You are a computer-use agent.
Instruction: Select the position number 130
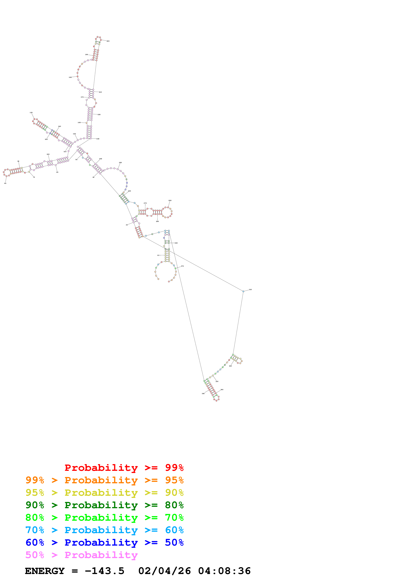31,113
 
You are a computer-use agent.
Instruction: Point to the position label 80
5,183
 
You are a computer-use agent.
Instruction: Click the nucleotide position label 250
120,163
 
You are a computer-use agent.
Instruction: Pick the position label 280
170,201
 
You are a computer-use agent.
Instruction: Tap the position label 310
250,290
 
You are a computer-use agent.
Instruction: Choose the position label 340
222,390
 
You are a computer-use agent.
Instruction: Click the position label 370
182,266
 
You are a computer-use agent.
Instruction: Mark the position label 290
157,221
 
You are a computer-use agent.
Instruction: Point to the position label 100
48,154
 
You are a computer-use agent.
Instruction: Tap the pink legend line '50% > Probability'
81,555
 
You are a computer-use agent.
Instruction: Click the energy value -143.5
104,571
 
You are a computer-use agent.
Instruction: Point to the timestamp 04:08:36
224,571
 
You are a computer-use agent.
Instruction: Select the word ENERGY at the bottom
45,571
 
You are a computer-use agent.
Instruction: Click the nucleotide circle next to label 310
243,291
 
